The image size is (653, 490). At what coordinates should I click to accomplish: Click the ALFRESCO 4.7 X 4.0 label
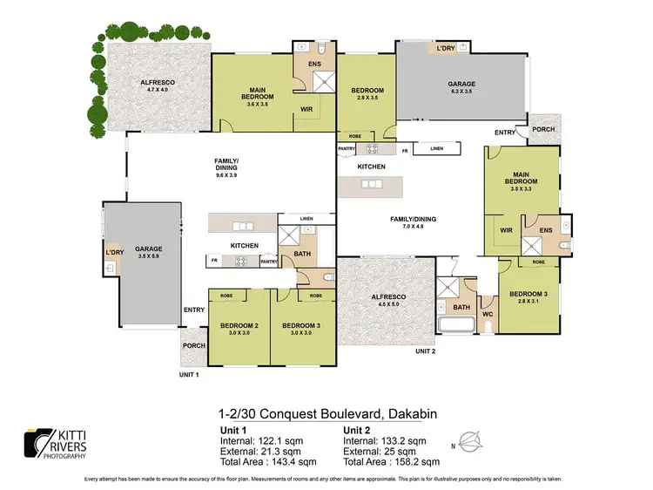pos(158,85)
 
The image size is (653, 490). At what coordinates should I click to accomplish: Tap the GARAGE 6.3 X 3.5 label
pos(461,87)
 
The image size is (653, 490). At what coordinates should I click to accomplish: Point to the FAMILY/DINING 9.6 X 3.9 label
pos(226,167)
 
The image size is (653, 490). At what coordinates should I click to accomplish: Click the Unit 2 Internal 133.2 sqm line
pos(384,439)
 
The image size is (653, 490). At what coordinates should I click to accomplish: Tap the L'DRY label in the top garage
pos(446,49)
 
